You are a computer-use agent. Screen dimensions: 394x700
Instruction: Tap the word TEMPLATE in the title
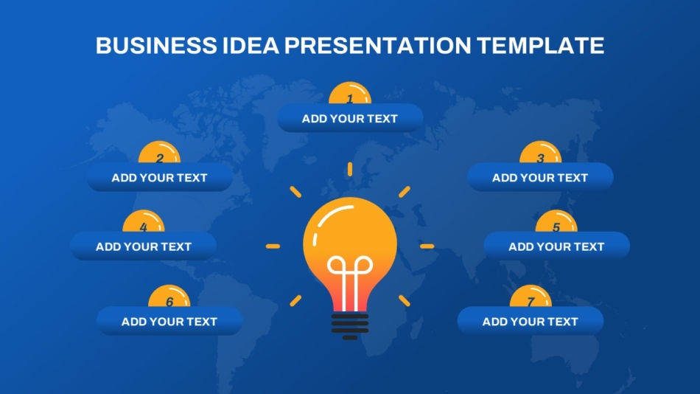click(540, 46)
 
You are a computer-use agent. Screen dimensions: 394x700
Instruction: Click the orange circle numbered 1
click(350, 94)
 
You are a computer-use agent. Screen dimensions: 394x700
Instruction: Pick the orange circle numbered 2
click(160, 153)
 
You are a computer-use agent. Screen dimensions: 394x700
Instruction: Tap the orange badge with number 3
click(540, 153)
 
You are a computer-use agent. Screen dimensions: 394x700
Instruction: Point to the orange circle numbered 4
click(144, 222)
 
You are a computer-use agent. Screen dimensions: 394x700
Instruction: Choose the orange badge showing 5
click(556, 222)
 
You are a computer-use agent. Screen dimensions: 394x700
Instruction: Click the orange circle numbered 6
click(169, 297)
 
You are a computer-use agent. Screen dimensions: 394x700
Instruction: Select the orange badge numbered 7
click(531, 297)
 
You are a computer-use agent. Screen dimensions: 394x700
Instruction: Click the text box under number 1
click(350, 119)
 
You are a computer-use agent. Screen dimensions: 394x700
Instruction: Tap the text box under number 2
click(160, 178)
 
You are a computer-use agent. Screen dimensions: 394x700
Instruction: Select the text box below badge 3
click(540, 178)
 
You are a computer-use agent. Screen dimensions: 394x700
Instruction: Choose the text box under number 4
click(144, 246)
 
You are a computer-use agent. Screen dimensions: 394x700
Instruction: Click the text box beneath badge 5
click(556, 246)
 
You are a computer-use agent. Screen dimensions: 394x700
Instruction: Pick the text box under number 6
click(169, 322)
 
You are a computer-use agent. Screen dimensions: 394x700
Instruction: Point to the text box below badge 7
click(531, 322)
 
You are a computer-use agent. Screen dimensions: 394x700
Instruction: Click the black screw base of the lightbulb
click(350, 325)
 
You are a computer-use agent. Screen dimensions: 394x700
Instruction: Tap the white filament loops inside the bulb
click(350, 269)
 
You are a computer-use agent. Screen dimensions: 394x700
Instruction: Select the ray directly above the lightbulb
click(350, 169)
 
